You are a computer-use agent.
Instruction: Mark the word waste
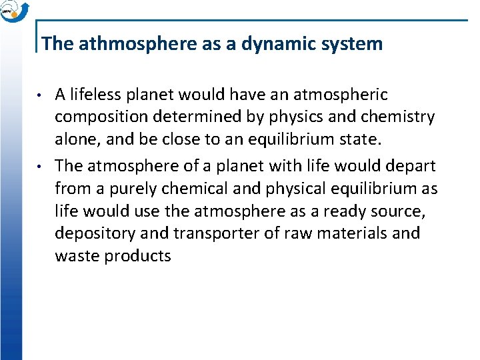77,256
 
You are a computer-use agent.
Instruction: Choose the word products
138,256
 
